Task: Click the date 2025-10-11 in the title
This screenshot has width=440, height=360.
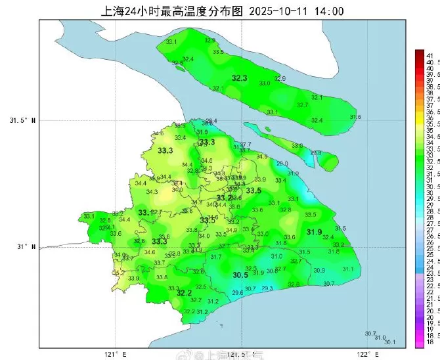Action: [x=278, y=11]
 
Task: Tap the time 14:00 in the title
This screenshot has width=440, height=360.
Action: [x=328, y=11]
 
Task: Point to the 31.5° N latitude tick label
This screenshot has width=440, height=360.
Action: [x=23, y=121]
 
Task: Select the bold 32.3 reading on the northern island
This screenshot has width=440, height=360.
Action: [x=239, y=78]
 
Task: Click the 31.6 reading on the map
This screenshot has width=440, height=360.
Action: [x=355, y=117]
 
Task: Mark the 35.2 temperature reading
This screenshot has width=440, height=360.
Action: [x=119, y=273]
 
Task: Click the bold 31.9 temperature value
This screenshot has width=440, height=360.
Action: [x=314, y=232]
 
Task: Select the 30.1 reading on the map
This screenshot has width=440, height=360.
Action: [x=389, y=342]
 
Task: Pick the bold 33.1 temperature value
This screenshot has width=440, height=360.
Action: [x=144, y=213]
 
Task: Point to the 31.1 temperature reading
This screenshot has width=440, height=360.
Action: [x=348, y=269]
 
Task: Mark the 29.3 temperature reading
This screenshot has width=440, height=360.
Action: [x=267, y=288]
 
